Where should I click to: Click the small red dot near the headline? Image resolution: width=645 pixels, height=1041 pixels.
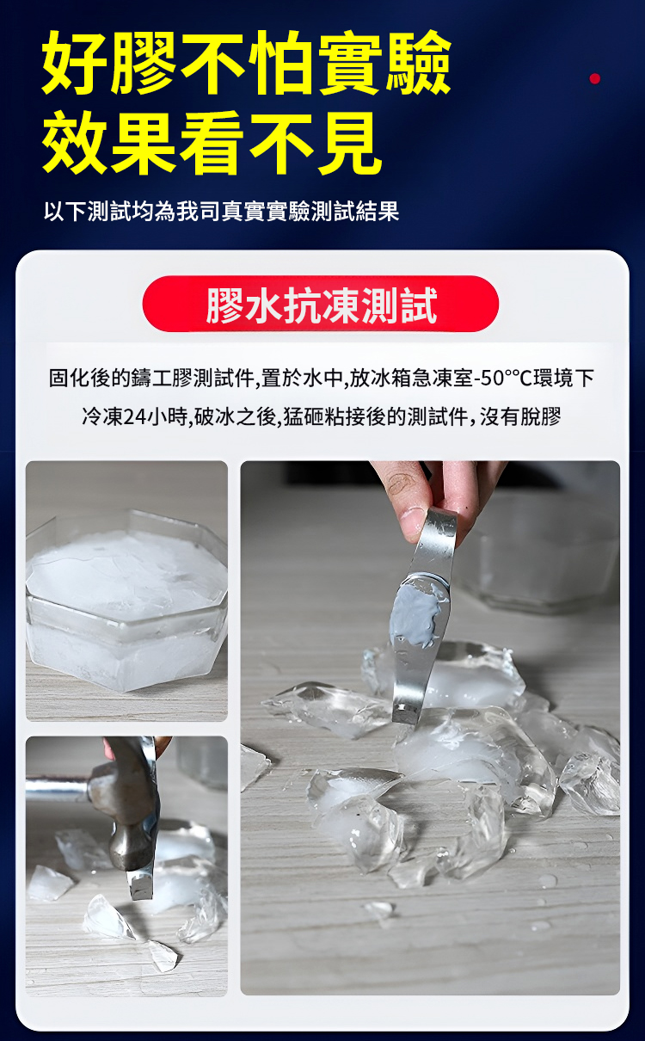[594, 78]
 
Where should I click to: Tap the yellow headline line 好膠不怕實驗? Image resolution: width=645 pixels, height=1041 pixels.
[246, 62]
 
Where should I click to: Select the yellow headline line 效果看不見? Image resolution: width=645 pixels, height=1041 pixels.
[212, 143]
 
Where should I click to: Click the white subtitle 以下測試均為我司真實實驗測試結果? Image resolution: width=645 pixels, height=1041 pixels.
[222, 212]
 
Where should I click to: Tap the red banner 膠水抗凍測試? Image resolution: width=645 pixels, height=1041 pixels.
[321, 304]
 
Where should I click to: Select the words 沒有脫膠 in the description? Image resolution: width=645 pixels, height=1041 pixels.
[520, 416]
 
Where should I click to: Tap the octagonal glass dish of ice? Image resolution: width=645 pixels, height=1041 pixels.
[126, 602]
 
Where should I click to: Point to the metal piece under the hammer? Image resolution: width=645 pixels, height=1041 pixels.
[141, 885]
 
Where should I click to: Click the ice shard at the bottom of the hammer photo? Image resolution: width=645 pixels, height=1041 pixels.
[163, 958]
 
